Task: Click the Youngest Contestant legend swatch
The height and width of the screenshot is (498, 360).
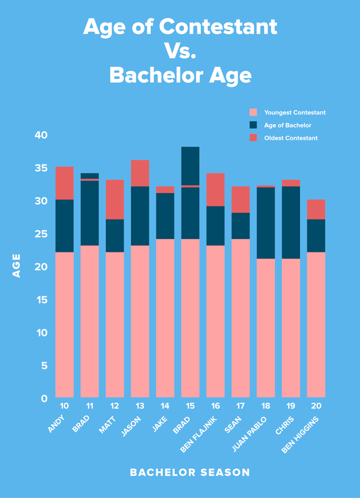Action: pos(253,113)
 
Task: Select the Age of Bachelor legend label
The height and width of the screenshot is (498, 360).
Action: pos(287,125)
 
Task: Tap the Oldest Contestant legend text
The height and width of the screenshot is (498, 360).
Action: pos(291,138)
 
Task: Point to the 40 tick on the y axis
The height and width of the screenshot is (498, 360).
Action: pos(41,135)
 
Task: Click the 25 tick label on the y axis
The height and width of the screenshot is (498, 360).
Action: pos(41,234)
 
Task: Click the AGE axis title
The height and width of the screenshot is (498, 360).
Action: pos(16,265)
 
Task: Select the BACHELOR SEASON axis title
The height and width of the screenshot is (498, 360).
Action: pos(190,472)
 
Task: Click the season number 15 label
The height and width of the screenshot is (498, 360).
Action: pos(190,406)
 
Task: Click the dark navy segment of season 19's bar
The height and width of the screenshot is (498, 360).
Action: pos(291,222)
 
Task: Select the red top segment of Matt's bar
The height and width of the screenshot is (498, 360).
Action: pos(115,199)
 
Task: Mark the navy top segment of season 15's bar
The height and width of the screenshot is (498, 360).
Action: pos(190,165)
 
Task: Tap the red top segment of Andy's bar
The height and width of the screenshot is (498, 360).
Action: pos(64,183)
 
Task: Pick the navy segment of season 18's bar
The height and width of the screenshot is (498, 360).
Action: pos(266,223)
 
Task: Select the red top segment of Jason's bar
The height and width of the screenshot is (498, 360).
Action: pos(140,173)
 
